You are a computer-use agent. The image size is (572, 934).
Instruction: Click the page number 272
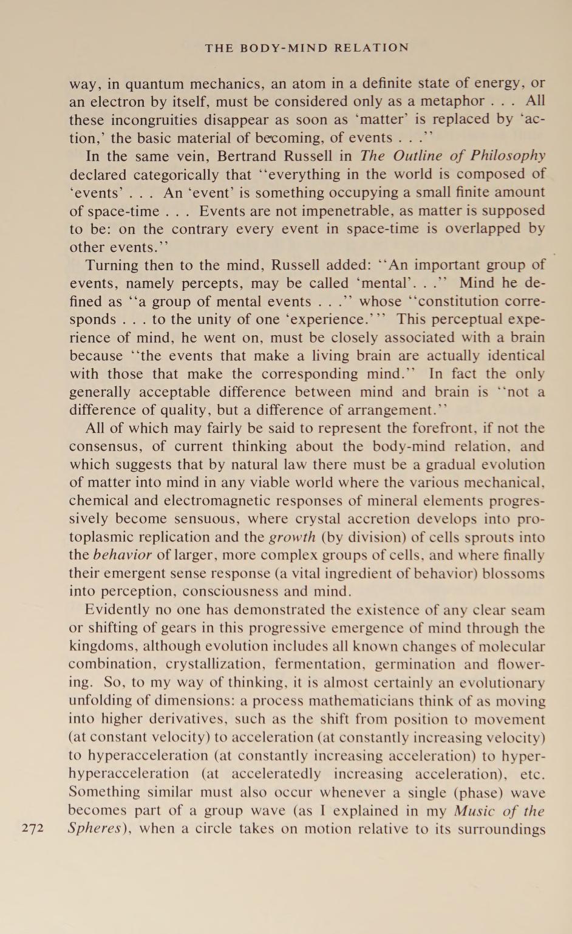33,828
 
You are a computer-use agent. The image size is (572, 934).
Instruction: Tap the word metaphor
449,101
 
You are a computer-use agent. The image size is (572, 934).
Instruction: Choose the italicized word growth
292,537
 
